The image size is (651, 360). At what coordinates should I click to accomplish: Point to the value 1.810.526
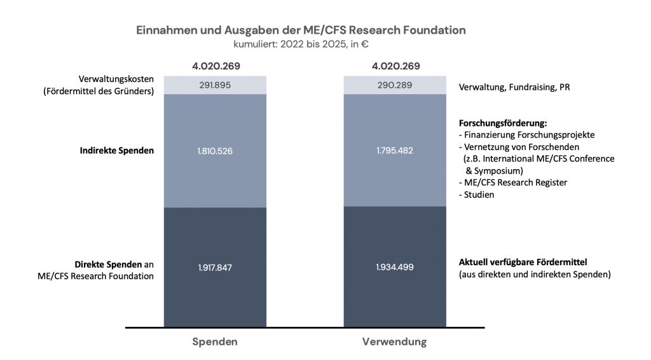pos(215,151)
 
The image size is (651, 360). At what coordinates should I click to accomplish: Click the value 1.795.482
pos(395,151)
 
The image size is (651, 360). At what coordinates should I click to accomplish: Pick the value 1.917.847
pos(215,268)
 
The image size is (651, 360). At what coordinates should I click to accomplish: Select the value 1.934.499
pos(395,267)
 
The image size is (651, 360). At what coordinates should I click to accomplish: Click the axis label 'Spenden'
pos(215,342)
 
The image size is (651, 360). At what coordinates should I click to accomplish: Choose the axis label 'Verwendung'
pos(394,342)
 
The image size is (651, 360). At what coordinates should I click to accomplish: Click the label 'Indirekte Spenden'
pos(117,151)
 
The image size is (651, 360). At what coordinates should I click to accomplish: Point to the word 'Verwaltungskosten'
pos(116,80)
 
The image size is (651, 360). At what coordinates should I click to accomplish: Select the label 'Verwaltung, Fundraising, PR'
pos(514,87)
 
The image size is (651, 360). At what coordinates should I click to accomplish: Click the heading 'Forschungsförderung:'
pos(502,123)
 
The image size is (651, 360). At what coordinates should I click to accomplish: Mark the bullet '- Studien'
pos(476,195)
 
